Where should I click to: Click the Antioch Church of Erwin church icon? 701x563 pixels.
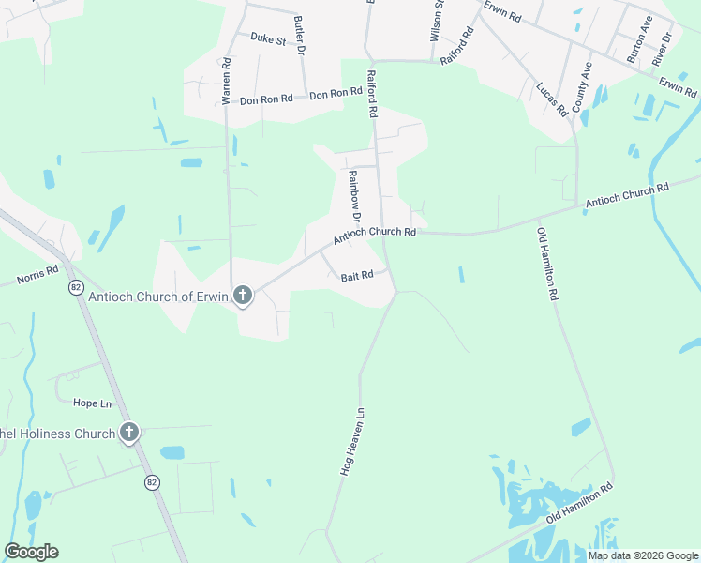coord(242,297)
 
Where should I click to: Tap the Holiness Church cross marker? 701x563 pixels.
coord(129,433)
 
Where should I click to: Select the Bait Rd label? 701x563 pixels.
coord(357,276)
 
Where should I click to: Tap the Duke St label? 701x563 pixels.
coord(267,38)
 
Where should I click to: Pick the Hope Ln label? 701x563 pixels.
coord(93,403)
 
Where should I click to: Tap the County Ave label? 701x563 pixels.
coord(582,87)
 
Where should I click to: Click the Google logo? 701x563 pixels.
coord(31,552)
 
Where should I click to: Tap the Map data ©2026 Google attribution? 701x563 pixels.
coord(643,555)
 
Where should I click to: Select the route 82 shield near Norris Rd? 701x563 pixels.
coord(75,287)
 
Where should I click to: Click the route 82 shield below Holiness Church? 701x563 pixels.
coord(152,481)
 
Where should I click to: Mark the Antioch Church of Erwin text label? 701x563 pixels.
coord(158,297)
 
